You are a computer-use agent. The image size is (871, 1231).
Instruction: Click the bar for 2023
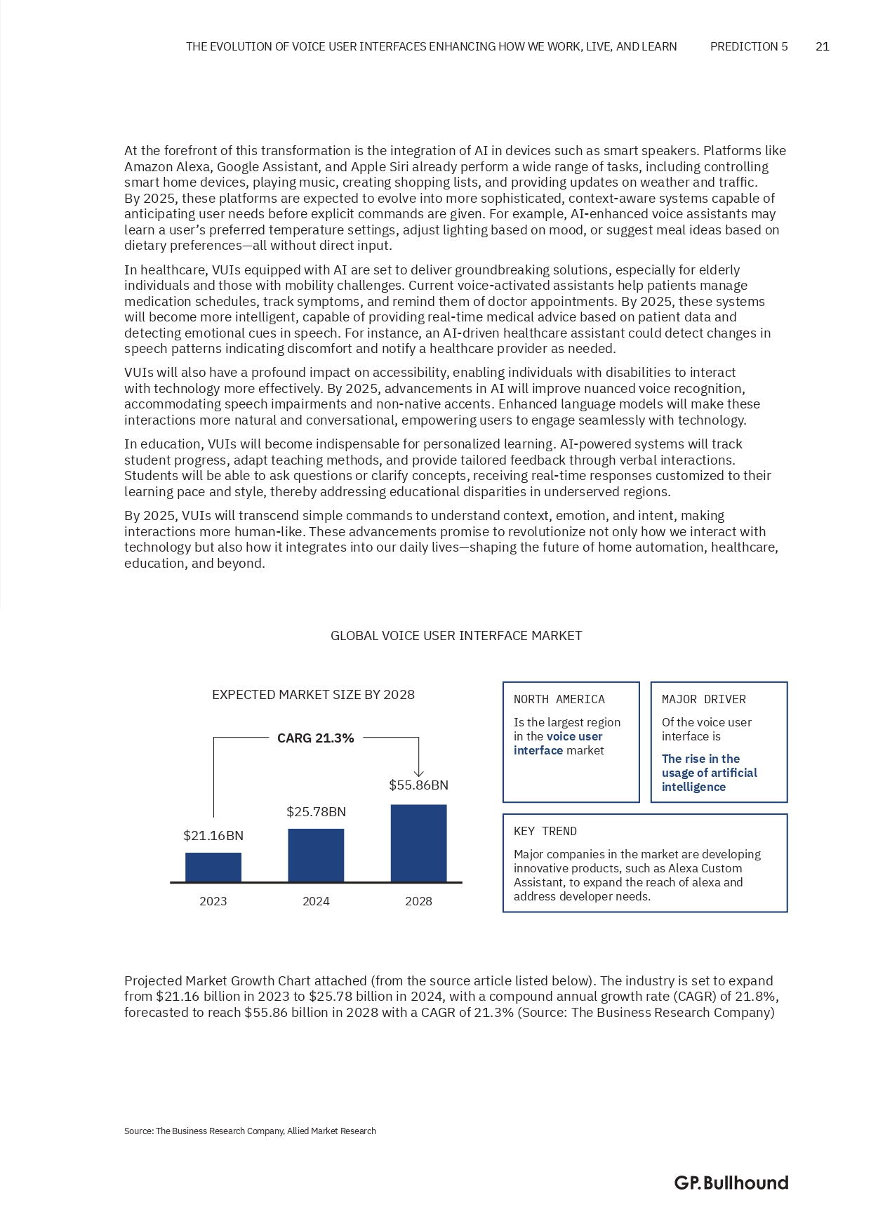(213, 867)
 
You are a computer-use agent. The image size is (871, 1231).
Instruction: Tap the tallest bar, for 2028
(418, 843)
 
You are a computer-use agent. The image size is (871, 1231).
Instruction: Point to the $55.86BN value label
(418, 785)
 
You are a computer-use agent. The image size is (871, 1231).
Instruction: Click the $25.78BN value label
(316, 812)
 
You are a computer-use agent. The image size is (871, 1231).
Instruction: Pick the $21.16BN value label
(213, 836)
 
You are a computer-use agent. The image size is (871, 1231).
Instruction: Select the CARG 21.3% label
(315, 738)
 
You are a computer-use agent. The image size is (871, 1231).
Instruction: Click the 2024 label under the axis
(316, 901)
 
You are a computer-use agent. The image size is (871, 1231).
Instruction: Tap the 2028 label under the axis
(418, 901)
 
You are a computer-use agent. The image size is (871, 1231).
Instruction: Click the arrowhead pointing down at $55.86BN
(418, 773)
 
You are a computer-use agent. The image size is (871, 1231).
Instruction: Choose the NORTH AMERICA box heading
(559, 700)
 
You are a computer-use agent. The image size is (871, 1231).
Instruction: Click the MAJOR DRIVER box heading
(703, 700)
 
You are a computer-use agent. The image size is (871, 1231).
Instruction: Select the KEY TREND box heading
(545, 832)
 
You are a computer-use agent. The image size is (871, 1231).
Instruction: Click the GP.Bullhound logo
(731, 1183)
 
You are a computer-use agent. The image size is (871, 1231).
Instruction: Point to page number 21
(823, 47)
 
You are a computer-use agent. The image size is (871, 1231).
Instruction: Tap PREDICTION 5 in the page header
(749, 47)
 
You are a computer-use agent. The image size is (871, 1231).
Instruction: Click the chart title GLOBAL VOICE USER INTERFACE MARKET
(456, 636)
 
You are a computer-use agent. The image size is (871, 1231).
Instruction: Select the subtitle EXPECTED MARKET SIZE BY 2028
(313, 695)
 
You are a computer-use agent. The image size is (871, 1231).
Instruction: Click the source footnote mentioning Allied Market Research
(250, 1131)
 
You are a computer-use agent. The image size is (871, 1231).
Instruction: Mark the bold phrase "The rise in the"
(700, 759)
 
